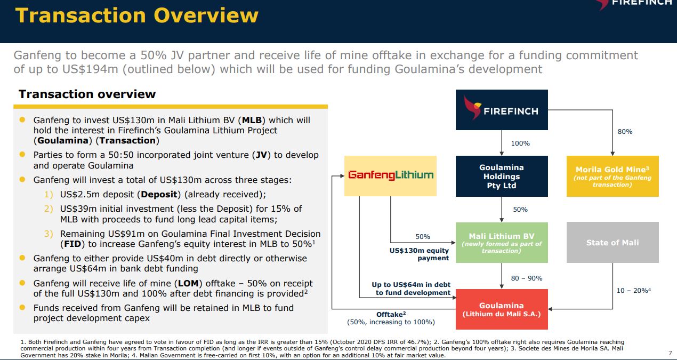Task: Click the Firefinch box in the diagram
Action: point(502,110)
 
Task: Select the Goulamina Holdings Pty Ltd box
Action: point(502,176)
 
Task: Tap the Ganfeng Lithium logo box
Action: point(391,176)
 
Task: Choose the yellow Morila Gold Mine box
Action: point(612,176)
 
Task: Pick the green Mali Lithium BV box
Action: point(502,243)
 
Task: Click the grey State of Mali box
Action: point(612,243)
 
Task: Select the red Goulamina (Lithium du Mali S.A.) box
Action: point(502,309)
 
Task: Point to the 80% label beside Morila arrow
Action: point(625,132)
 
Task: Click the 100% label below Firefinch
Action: point(520,143)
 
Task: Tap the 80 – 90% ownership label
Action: point(527,278)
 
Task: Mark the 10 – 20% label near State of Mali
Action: point(633,291)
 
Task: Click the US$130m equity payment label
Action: point(419,254)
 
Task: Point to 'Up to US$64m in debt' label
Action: point(411,285)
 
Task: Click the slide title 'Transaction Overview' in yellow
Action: point(137,15)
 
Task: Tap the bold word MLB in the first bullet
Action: point(252,121)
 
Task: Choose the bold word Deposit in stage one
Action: point(159,194)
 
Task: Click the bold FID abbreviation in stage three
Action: point(72,244)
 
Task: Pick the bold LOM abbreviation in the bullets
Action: point(188,284)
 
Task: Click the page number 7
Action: point(670,353)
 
